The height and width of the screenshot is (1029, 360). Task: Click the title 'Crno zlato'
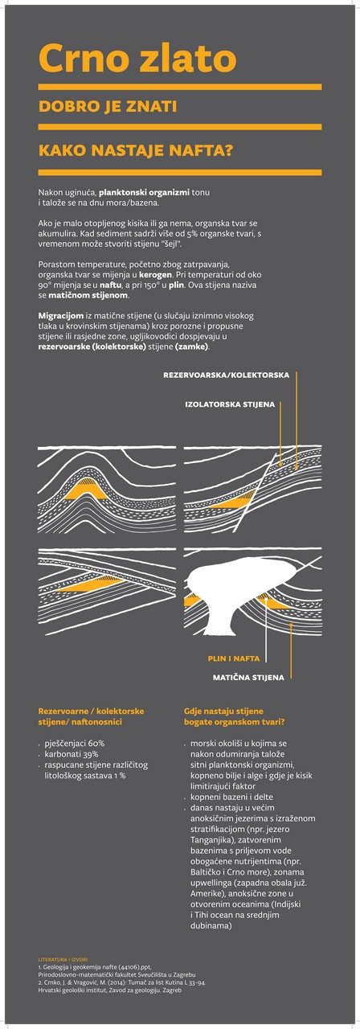tap(137, 59)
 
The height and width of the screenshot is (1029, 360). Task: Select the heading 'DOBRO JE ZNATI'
tap(108, 107)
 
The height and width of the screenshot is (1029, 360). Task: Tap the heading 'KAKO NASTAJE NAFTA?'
tap(136, 150)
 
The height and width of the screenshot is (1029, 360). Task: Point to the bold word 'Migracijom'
tap(61, 316)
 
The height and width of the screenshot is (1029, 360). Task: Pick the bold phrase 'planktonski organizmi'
tap(144, 192)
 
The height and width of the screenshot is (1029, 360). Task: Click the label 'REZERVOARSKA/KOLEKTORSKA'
tap(227, 375)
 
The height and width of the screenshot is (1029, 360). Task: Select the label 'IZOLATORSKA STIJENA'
tap(230, 404)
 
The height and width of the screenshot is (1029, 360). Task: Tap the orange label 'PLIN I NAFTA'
tap(234, 658)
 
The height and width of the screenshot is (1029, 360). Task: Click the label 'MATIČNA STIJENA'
tap(248, 677)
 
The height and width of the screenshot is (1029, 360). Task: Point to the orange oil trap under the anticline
tap(86, 489)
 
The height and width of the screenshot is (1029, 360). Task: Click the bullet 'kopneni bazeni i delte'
tap(231, 797)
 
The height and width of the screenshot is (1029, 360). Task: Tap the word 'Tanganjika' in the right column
tap(211, 840)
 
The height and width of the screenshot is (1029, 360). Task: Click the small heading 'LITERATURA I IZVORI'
tap(63, 960)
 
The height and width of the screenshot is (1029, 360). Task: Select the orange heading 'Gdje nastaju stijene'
tap(223, 711)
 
